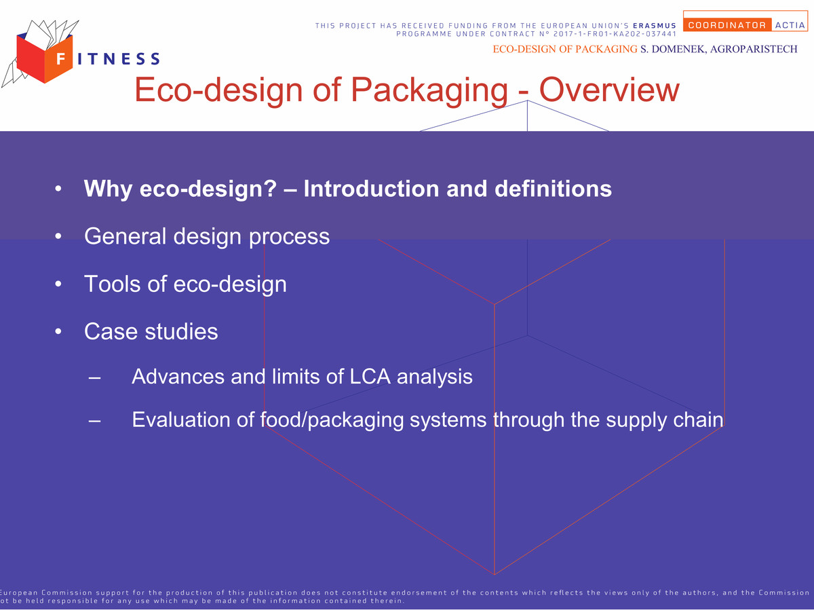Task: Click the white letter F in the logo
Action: click(x=61, y=58)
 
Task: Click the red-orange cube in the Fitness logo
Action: click(x=45, y=58)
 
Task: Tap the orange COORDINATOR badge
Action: click(x=727, y=25)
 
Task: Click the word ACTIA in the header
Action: click(x=790, y=25)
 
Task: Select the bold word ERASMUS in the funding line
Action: click(x=655, y=26)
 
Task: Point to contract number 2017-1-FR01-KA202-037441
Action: click(x=615, y=34)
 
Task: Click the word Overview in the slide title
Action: click(x=609, y=90)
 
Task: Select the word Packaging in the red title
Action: click(x=429, y=90)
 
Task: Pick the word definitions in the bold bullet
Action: click(x=553, y=189)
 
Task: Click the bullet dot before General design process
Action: click(x=58, y=236)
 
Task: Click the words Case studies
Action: click(x=151, y=331)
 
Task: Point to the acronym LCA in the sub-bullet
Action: click(x=370, y=377)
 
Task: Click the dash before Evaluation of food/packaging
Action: click(x=94, y=421)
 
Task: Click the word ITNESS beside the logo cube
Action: click(x=119, y=58)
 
